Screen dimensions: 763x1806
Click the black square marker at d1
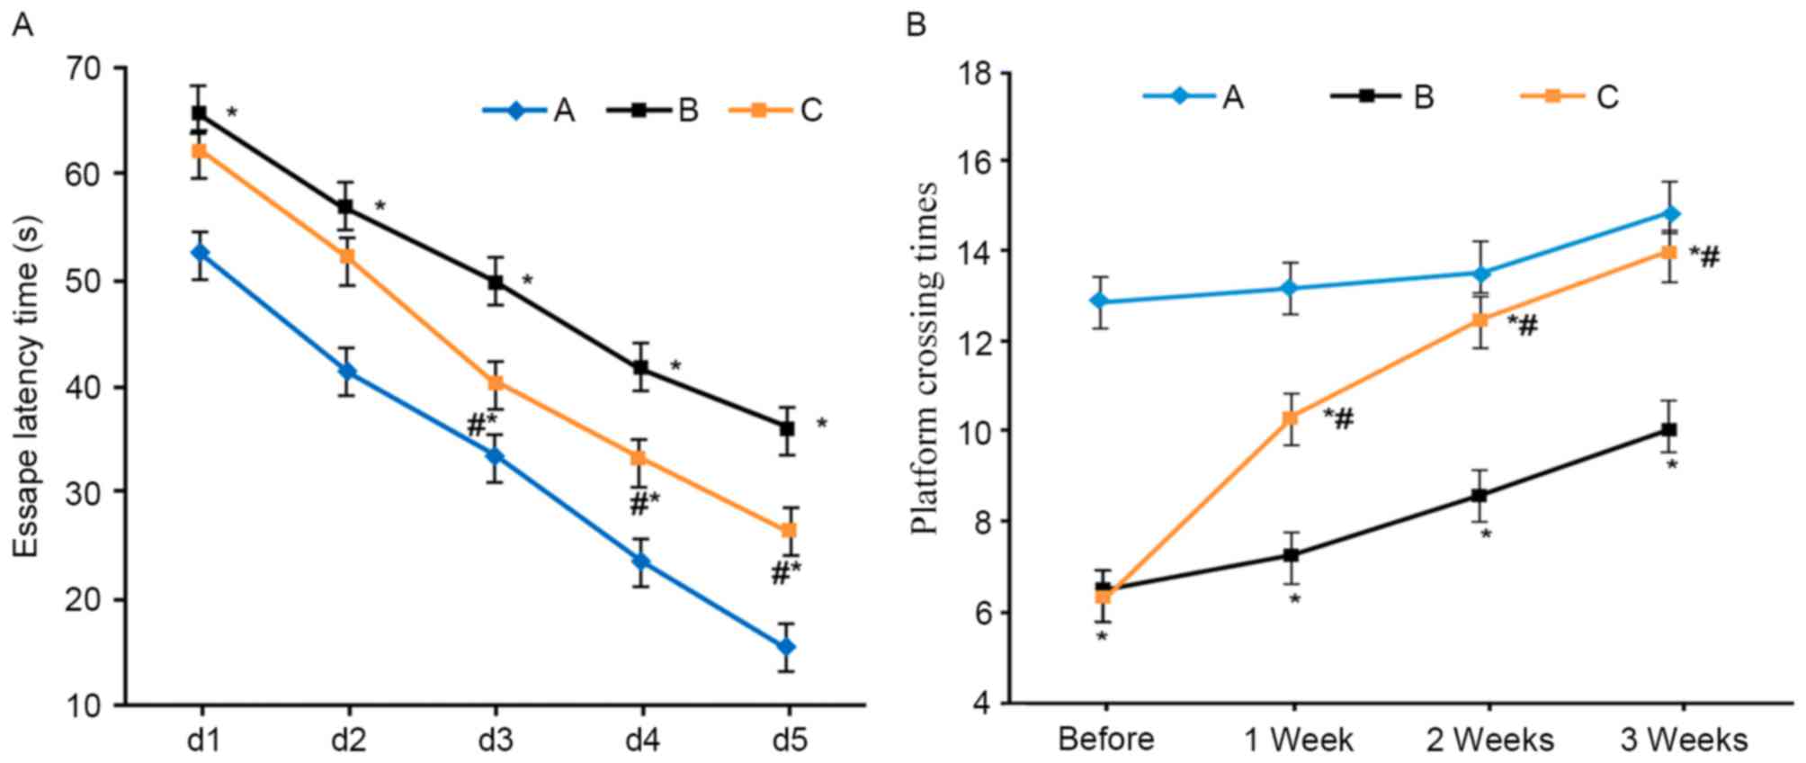198,113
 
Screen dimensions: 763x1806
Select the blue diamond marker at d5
787,647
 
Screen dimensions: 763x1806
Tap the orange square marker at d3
495,382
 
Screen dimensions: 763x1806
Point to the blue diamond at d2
347,371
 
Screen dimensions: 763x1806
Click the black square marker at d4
641,367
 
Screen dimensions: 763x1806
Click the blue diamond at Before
1098,301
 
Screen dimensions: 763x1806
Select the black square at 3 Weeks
1670,430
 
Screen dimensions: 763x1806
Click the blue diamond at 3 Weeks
1670,213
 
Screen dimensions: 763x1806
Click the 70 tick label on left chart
85,68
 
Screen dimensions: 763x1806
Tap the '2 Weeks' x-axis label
1489,740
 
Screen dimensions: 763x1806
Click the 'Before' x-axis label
1105,740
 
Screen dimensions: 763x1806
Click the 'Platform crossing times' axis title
925,358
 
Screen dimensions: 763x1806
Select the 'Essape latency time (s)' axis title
28,385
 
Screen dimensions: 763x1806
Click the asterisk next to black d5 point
821,424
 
